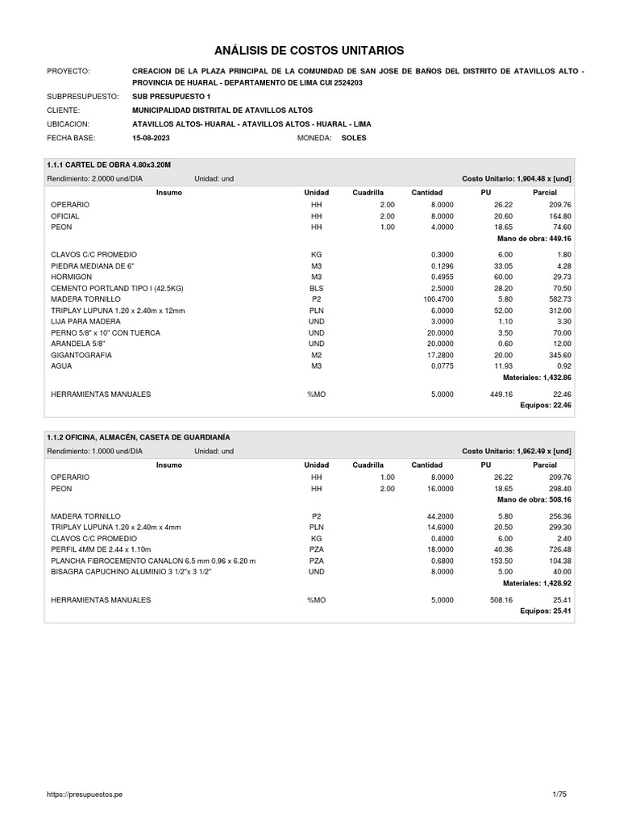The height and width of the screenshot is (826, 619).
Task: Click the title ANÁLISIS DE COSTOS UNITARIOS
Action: coord(309,50)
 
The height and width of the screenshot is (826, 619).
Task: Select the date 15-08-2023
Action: coord(150,138)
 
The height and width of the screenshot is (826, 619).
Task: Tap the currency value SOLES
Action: coord(354,138)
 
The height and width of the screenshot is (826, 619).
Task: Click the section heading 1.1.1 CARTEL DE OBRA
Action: coord(110,165)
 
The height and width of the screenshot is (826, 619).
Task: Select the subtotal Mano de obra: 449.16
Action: coord(534,239)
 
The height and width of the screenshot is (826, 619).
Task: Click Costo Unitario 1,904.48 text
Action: coord(516,178)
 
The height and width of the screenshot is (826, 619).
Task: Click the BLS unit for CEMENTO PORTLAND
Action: coord(316,287)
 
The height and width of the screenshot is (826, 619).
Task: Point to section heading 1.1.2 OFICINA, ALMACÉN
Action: coord(139,437)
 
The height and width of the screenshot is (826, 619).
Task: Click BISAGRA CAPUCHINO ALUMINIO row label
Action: coord(131,572)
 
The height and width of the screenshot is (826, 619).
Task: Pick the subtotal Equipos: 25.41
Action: coord(546,611)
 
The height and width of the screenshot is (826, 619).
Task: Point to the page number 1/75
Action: coord(559,795)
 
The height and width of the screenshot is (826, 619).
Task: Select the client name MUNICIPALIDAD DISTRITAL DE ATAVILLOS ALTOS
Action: coord(222,110)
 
